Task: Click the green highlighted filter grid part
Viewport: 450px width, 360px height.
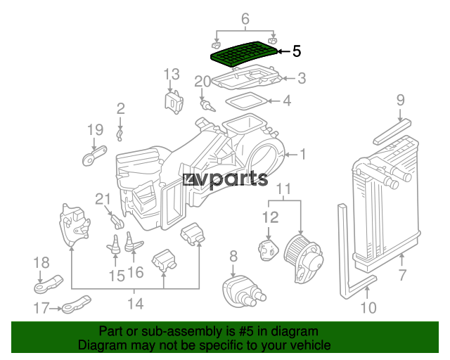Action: (244, 53)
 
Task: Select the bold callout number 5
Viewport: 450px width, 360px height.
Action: (297, 51)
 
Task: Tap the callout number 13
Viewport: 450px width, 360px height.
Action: (172, 75)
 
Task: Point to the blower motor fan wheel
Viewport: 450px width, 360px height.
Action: (295, 250)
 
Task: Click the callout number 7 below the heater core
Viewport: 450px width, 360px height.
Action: (403, 275)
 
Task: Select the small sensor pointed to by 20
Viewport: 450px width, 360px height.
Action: (208, 105)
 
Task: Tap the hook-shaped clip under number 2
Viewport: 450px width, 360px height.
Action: (120, 136)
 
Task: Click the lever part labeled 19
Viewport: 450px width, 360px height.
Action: (94, 156)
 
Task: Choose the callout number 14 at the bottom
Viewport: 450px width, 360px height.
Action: (135, 304)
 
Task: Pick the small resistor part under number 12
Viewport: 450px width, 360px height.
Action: (269, 251)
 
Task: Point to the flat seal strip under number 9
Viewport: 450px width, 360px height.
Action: (392, 131)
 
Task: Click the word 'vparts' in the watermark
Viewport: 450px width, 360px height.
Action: (233, 179)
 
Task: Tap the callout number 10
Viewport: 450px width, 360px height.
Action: (368, 307)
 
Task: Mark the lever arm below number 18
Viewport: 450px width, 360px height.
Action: (49, 285)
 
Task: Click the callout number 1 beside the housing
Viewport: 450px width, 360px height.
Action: (303, 155)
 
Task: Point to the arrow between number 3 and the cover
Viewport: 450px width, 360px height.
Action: (289, 78)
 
